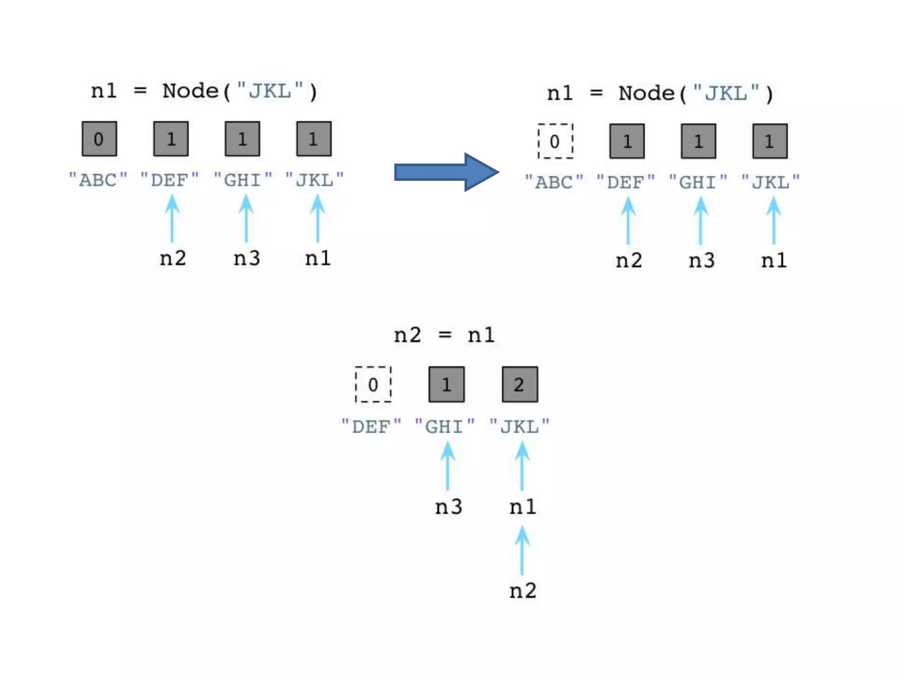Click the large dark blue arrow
tap(445, 172)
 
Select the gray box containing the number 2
tap(520, 384)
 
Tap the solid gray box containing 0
tap(99, 139)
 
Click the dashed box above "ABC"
tap(555, 141)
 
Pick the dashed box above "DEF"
tap(373, 384)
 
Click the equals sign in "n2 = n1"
tap(445, 335)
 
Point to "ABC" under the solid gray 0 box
tap(98, 180)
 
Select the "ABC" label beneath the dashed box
tap(554, 182)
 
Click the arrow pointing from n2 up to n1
tap(522, 551)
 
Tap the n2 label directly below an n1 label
tap(523, 591)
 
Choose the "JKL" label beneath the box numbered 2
tap(520, 426)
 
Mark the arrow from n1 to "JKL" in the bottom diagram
tap(522, 466)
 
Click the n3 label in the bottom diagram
tap(448, 507)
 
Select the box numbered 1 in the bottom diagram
tap(446, 384)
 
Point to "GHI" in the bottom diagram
tap(445, 426)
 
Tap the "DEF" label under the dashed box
tap(371, 426)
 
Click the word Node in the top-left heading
tap(190, 91)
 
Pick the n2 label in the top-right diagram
tap(629, 260)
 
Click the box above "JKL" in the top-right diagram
tap(770, 141)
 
